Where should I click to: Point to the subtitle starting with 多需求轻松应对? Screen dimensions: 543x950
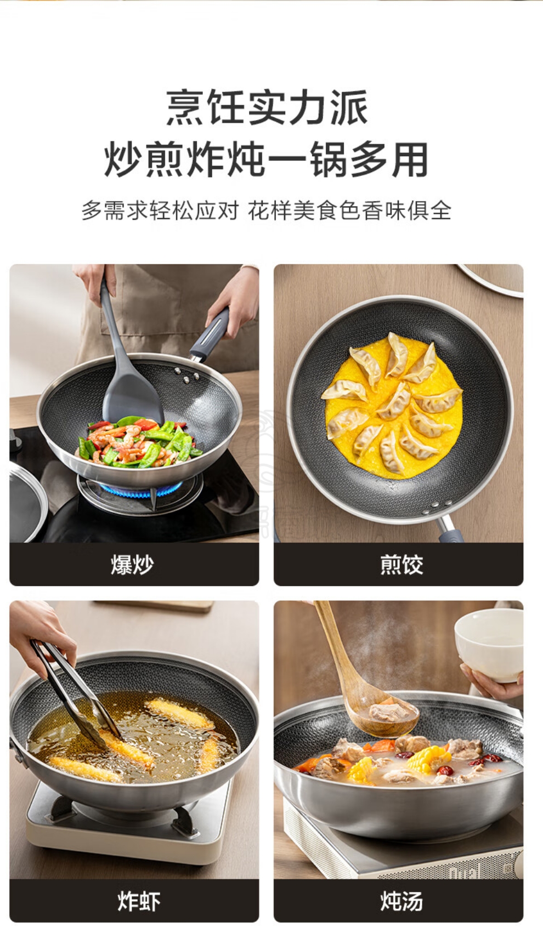267,211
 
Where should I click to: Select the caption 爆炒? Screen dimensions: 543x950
132,564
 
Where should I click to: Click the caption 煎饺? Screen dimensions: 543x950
401,564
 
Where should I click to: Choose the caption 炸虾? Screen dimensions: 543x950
139,901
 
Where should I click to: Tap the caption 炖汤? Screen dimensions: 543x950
401,901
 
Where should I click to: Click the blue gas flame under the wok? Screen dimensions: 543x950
140,490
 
